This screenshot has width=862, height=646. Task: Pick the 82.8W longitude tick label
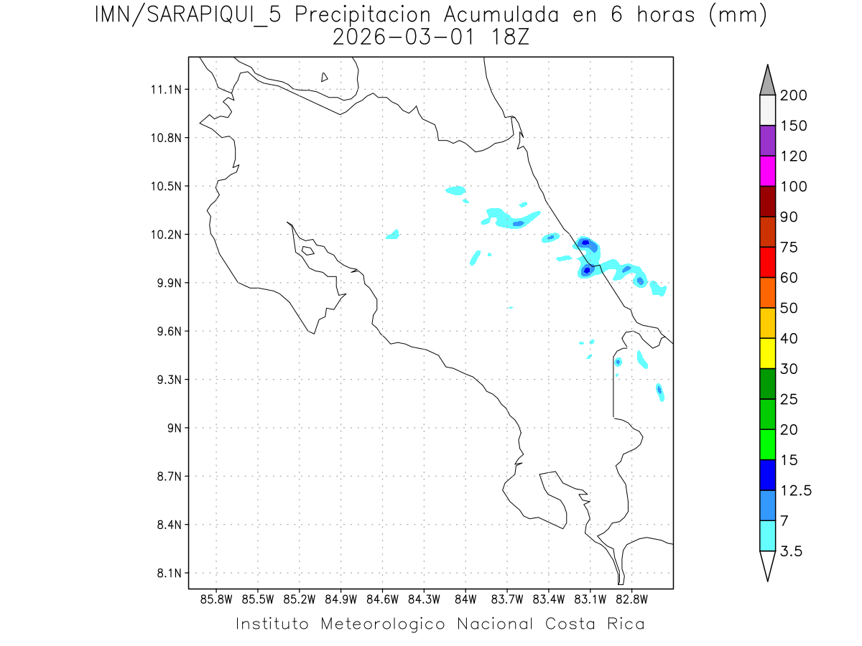[x=631, y=599]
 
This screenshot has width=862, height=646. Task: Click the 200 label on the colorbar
[x=794, y=95]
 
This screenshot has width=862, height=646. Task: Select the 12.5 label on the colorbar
[x=796, y=490]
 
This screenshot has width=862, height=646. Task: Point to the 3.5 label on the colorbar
[x=792, y=551]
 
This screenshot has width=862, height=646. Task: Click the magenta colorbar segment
[x=767, y=171]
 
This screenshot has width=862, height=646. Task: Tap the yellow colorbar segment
[x=767, y=353]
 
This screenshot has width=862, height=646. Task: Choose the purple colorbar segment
[x=767, y=141]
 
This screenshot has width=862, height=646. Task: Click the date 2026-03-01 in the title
[x=402, y=37]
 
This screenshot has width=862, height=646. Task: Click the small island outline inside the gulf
[x=307, y=251]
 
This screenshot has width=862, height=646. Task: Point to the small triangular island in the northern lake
[x=325, y=77]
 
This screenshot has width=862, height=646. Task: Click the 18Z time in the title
[x=509, y=37]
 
